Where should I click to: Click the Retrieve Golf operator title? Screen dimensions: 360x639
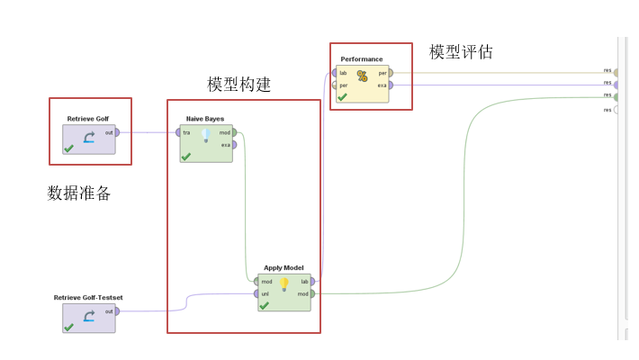pos(88,119)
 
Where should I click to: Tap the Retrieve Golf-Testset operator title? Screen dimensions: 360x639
pos(88,297)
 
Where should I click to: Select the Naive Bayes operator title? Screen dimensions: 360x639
pos(205,119)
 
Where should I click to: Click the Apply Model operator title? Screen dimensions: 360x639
pos(283,268)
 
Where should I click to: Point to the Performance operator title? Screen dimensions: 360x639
pos(361,59)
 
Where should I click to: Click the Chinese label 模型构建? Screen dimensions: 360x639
pos(238,85)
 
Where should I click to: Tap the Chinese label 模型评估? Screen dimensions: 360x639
pos(461,52)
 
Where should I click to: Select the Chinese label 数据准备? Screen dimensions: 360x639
pos(79,193)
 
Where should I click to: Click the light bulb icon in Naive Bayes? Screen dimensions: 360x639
pos(205,136)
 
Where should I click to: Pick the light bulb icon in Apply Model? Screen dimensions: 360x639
pos(283,283)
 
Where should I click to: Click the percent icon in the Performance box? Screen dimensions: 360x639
pos(362,76)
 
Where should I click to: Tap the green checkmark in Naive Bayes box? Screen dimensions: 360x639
pos(186,157)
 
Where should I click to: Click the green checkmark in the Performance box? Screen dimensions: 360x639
pos(342,96)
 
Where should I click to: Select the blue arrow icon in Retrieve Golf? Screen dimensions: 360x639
pos(88,138)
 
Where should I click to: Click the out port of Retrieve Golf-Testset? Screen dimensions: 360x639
pos(117,311)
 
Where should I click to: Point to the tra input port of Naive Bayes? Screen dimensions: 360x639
pos(178,132)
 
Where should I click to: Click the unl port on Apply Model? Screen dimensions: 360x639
pos(256,293)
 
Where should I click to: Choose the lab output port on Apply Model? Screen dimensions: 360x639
pos(312,282)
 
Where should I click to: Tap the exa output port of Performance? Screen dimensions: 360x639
pos(390,85)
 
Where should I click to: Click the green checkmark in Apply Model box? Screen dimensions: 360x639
pos(264,305)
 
